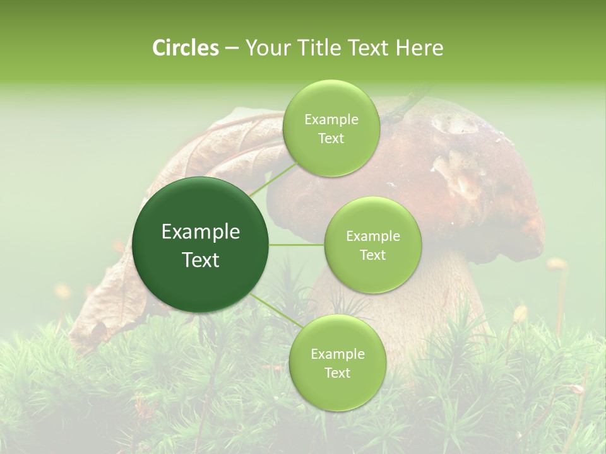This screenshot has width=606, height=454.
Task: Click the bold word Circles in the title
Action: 185,48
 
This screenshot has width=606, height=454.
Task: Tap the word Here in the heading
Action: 420,48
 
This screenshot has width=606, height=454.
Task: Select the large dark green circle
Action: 200,245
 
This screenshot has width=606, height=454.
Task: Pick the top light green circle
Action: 331,129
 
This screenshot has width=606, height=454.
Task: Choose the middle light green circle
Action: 372,245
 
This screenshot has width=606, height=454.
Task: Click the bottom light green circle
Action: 337,363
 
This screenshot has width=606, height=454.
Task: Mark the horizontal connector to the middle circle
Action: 297,245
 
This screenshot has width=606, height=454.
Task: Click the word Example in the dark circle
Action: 200,232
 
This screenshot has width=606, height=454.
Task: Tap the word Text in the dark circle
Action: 200,260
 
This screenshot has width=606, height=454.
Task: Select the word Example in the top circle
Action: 331,119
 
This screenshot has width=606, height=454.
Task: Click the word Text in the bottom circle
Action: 337,373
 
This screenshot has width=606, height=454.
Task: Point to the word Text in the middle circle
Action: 372,255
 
